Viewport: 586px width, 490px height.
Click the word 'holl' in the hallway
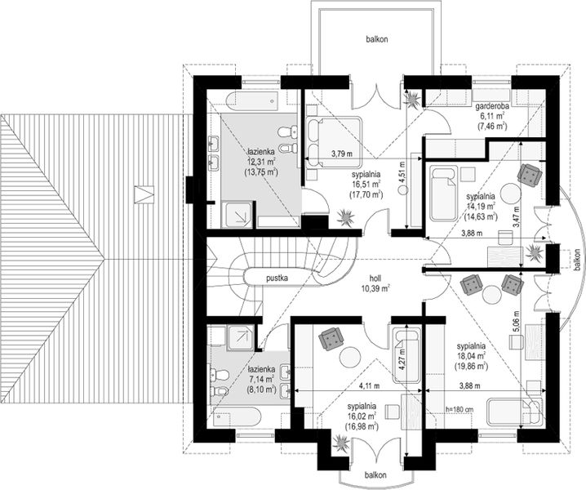pyautogui.click(x=375, y=278)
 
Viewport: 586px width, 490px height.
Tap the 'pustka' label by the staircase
pyautogui.click(x=277, y=278)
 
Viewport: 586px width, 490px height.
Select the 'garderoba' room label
pyautogui.click(x=492, y=107)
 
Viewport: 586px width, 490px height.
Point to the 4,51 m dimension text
pyautogui.click(x=402, y=172)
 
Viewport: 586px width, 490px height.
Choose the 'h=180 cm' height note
pyautogui.click(x=459, y=410)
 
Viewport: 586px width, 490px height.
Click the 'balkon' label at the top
pyautogui.click(x=376, y=39)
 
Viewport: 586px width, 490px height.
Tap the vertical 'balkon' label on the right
pyautogui.click(x=578, y=261)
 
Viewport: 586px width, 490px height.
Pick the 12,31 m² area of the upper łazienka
pyautogui.click(x=260, y=162)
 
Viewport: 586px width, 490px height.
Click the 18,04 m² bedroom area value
pyautogui.click(x=471, y=356)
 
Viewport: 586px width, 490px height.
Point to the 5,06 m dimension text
pyautogui.click(x=516, y=321)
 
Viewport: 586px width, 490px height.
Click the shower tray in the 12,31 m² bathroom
pyautogui.click(x=238, y=214)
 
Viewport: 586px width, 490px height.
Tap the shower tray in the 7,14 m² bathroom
pyautogui.click(x=242, y=337)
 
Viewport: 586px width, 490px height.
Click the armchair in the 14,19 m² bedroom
pyautogui.click(x=530, y=174)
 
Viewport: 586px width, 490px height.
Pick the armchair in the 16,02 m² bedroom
pyautogui.click(x=331, y=339)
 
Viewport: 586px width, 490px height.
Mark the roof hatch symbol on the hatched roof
pyautogui.click(x=144, y=194)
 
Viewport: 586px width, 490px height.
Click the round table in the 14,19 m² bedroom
pyautogui.click(x=511, y=193)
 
